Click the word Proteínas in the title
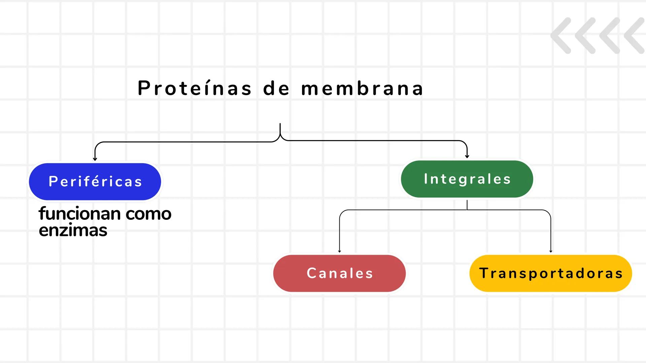pyautogui.click(x=195, y=88)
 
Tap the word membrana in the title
pyautogui.click(x=362, y=88)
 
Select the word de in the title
pyautogui.click(x=276, y=88)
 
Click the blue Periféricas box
pyautogui.click(x=95, y=182)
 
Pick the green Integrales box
pyautogui.click(x=467, y=179)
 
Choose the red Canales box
pyautogui.click(x=339, y=273)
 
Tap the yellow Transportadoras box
pyautogui.click(x=551, y=273)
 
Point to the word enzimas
pyautogui.click(x=73, y=230)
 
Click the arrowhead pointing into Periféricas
pyautogui.click(x=95, y=159)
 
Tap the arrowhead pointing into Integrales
pyautogui.click(x=467, y=156)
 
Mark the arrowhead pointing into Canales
pyautogui.click(x=339, y=251)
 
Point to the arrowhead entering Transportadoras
pyautogui.click(x=551, y=251)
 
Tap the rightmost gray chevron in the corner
pyautogui.click(x=635, y=35)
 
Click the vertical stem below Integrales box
pyautogui.click(x=467, y=205)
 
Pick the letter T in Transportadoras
pyautogui.click(x=483, y=273)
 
